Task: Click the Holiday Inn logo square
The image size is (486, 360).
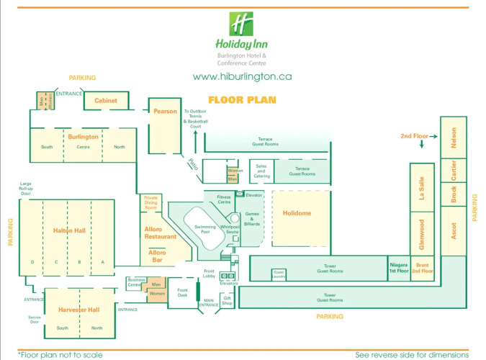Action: [242, 24]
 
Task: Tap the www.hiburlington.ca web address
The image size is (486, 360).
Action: [242, 76]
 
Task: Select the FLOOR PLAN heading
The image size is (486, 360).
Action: [242, 100]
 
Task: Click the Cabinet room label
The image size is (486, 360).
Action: [106, 101]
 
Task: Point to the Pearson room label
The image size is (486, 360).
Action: [165, 111]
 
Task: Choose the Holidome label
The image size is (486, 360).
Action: [297, 214]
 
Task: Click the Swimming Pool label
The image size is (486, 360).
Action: [205, 230]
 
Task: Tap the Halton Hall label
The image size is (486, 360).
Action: [69, 230]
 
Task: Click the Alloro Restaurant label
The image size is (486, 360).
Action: [161, 233]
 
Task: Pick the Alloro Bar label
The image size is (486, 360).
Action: [157, 253]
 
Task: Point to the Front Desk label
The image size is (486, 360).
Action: [182, 294]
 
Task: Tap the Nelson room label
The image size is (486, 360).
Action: [454, 137]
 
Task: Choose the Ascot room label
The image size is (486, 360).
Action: [454, 232]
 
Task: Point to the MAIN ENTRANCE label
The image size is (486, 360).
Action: [208, 305]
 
